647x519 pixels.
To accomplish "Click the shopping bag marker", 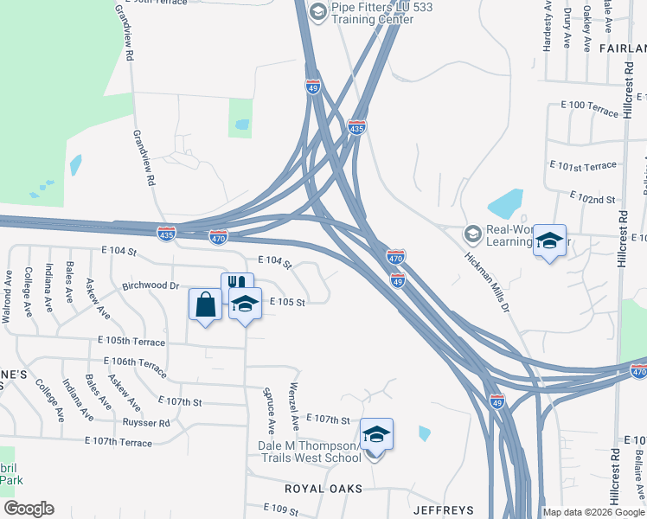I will [x=205, y=305].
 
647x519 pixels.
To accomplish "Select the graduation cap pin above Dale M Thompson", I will [x=376, y=433].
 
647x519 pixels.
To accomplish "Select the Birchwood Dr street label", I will [x=150, y=285].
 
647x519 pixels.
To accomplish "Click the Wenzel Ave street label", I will [x=294, y=406].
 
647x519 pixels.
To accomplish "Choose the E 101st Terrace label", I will [x=583, y=164].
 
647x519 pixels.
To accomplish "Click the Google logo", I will [x=28, y=509].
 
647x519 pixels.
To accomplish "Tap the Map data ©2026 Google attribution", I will [x=591, y=512].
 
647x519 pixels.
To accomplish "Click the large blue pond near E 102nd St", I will [x=505, y=204].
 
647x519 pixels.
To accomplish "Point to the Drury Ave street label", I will [x=567, y=30].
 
